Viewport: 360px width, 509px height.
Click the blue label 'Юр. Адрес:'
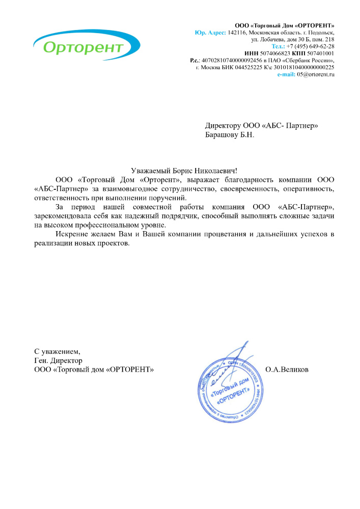210,32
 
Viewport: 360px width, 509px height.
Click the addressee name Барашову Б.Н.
229,135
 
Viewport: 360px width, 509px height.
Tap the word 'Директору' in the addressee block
223,125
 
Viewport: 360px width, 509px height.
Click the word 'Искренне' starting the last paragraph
71,234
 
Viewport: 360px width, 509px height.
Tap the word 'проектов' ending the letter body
115,243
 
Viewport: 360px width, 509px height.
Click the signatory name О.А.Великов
287,370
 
